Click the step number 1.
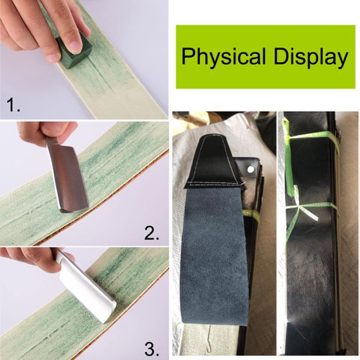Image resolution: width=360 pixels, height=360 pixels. (14, 106)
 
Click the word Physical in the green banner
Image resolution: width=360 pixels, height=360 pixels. (217, 57)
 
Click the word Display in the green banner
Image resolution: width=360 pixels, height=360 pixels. (305, 57)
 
